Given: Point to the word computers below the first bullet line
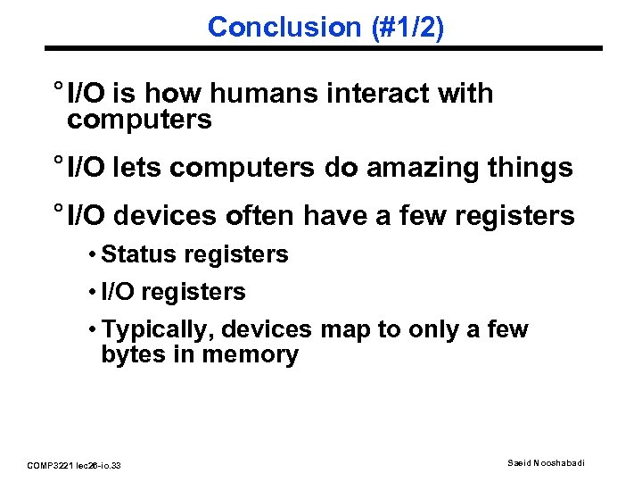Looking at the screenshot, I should pos(139,120).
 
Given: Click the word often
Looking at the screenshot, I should pos(272,215).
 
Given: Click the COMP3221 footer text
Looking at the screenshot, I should pos(75,465).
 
